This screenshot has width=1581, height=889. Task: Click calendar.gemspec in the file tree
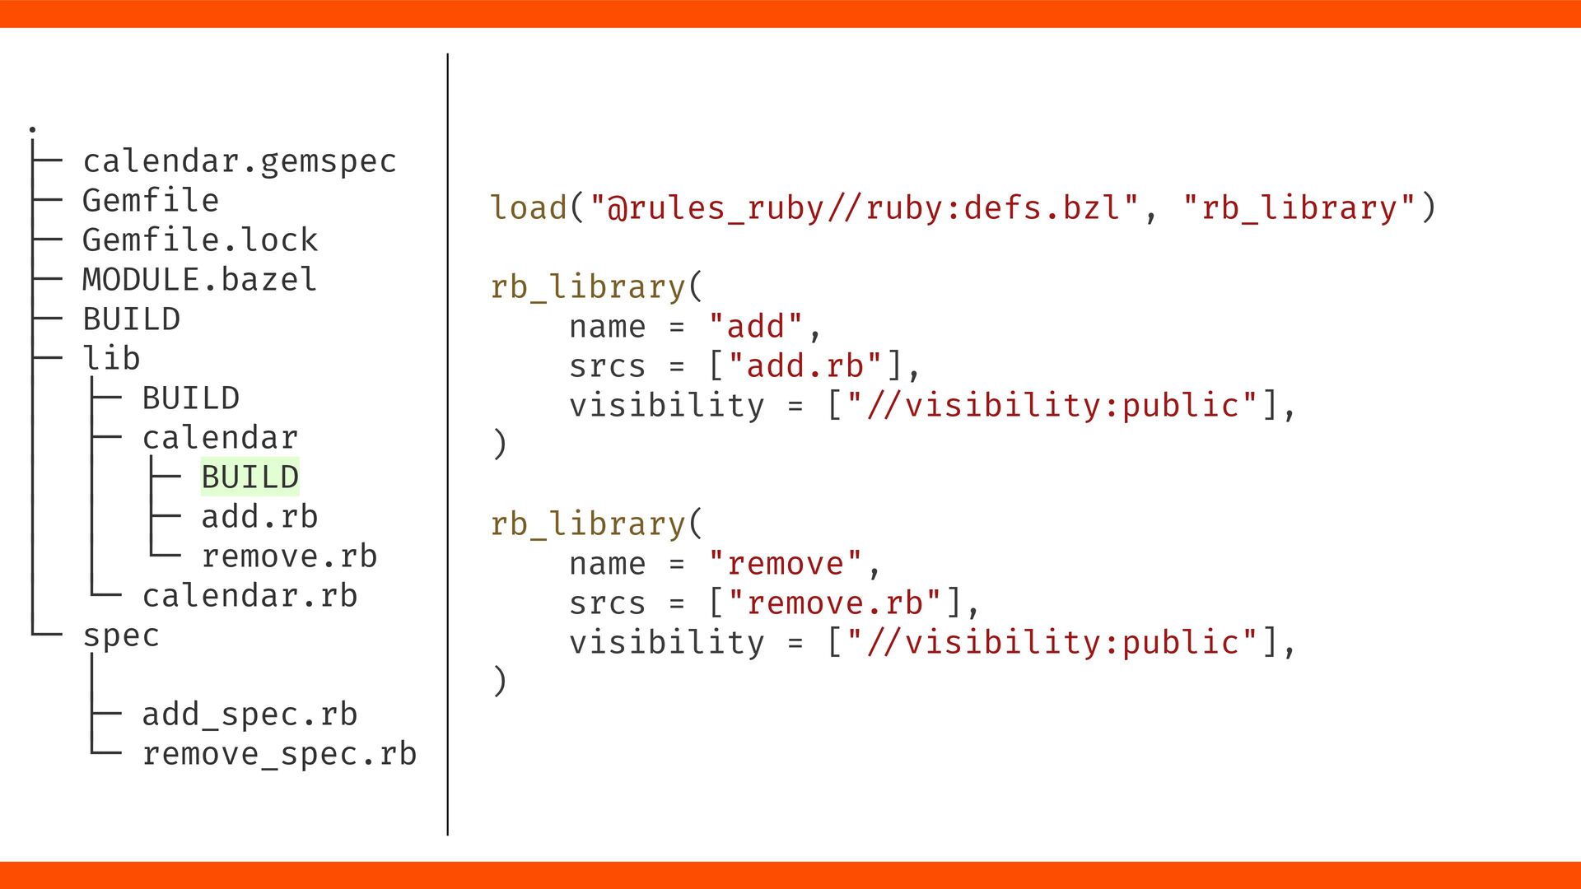coord(239,161)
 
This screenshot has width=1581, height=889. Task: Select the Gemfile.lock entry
coord(199,240)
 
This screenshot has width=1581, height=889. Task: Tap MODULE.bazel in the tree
coord(199,280)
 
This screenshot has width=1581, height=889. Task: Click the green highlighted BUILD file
coord(250,477)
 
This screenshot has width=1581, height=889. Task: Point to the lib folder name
coord(111,359)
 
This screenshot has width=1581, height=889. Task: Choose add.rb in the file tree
coord(259,517)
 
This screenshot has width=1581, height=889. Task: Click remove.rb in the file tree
coord(289,556)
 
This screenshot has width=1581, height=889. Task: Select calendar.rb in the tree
coord(250,596)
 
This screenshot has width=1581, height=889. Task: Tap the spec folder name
coord(121,635)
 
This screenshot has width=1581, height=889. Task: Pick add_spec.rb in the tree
coord(250,714)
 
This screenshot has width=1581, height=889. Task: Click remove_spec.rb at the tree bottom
coord(279,754)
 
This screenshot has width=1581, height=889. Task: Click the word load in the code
coord(529,207)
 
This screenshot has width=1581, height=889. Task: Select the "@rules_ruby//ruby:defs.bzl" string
coord(865,207)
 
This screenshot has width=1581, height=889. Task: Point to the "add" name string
coord(755,327)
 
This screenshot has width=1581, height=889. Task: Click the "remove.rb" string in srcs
coord(835,603)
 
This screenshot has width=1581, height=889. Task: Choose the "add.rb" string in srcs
coord(805,366)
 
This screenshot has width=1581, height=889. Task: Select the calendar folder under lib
coord(220,438)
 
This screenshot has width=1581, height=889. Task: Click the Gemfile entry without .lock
coord(150,201)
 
